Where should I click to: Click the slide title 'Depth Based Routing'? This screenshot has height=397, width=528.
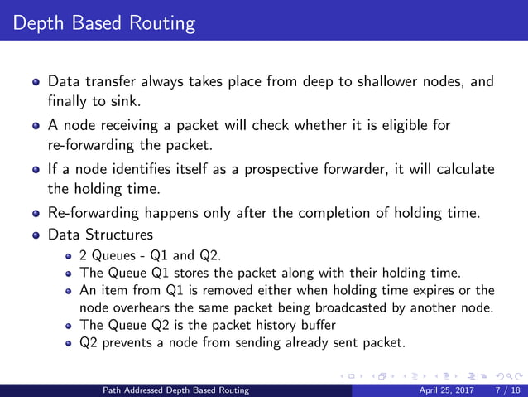click(x=99, y=22)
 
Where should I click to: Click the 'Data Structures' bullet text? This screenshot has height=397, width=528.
click(x=100, y=235)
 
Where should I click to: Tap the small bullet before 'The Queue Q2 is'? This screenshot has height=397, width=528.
click(x=70, y=325)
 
